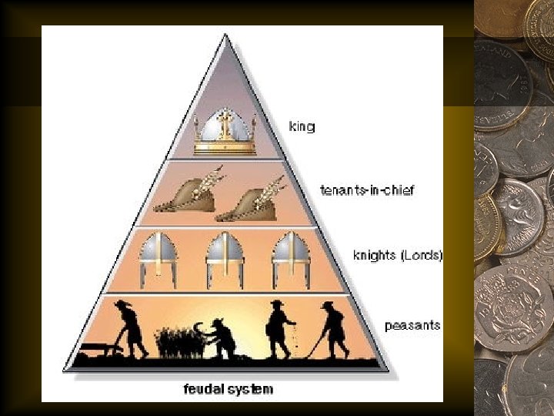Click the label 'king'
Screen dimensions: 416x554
point(302,126)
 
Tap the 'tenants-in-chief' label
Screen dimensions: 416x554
point(366,190)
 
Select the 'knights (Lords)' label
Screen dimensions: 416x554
point(397,254)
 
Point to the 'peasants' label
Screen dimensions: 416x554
point(412,325)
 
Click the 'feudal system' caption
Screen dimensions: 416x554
point(228,389)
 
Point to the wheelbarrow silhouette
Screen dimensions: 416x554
point(98,351)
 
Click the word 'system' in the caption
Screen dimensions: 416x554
point(251,389)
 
